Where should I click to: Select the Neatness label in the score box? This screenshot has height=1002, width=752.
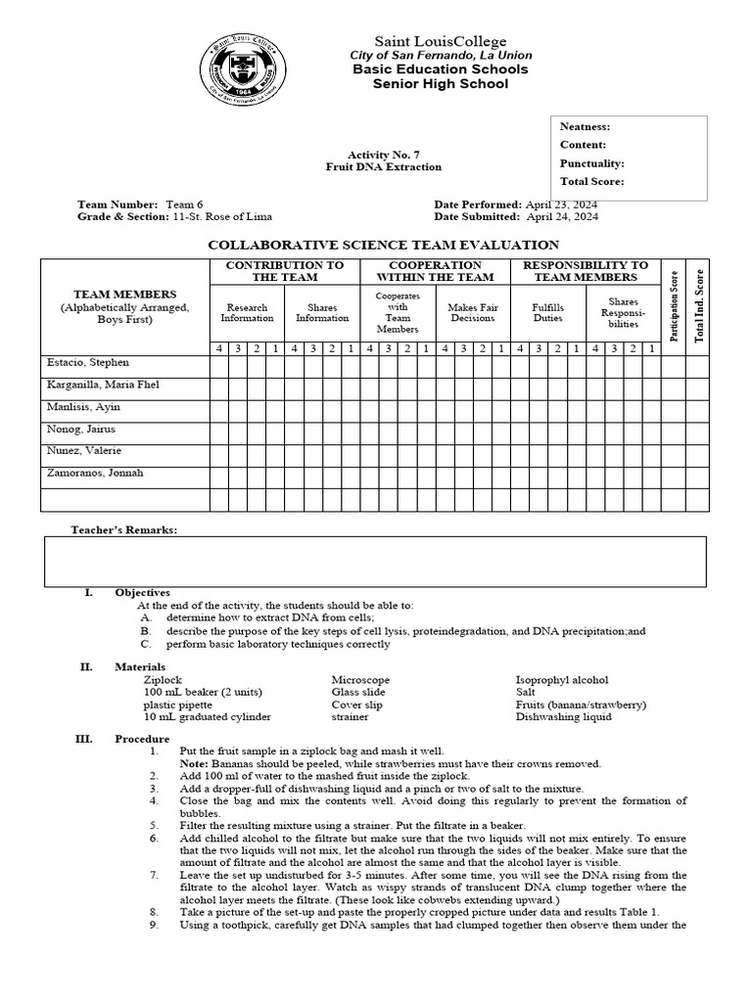pyautogui.click(x=585, y=127)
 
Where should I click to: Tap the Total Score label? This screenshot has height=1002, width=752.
pyautogui.click(x=591, y=182)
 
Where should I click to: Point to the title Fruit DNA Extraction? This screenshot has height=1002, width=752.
pyautogui.click(x=383, y=167)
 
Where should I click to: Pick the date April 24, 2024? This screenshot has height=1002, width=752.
pyautogui.click(x=562, y=217)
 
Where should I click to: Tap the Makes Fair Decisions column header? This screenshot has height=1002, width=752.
pyautogui.click(x=473, y=312)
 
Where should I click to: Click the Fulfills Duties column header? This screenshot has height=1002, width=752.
pyautogui.click(x=547, y=312)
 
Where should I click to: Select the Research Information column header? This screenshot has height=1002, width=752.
pyautogui.click(x=247, y=312)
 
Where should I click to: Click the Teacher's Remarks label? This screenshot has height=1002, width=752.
pyautogui.click(x=123, y=529)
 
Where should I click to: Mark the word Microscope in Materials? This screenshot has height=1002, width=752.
pyautogui.click(x=360, y=679)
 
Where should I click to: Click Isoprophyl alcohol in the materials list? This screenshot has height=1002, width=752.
pyautogui.click(x=561, y=679)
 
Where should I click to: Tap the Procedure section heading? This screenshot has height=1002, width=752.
pyautogui.click(x=142, y=739)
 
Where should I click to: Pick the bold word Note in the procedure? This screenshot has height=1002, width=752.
pyautogui.click(x=194, y=763)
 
